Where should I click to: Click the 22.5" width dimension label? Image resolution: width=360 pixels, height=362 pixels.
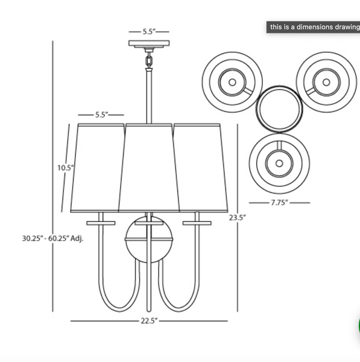tap(149, 321)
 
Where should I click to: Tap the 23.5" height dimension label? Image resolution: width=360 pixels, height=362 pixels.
tap(236, 218)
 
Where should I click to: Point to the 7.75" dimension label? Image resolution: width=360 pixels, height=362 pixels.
tap(279, 203)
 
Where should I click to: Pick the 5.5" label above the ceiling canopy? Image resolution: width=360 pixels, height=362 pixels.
tap(149, 31)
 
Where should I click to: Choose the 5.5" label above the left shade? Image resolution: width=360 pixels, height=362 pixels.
tap(101, 114)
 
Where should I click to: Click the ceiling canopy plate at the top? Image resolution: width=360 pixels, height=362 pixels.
tap(149, 44)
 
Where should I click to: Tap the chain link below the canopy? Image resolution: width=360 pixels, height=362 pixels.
tap(149, 60)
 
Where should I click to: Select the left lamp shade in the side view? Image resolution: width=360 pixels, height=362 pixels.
tap(96, 168)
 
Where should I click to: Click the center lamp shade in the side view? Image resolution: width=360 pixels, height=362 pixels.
tap(149, 168)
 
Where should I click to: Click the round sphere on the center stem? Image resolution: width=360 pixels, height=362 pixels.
tap(149, 239)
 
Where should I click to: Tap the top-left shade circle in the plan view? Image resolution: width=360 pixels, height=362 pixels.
tap(232, 81)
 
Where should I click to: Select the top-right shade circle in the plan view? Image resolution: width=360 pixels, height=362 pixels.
tap(326, 81)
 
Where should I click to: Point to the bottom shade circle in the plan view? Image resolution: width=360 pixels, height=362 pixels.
tap(279, 163)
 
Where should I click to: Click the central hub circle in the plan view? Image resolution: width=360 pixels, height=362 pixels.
tap(279, 109)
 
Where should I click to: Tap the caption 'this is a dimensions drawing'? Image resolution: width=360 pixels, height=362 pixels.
tap(314, 27)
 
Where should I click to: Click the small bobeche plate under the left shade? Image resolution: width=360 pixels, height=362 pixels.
tap(101, 223)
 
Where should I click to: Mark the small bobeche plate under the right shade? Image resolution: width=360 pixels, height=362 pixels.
tap(197, 223)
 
